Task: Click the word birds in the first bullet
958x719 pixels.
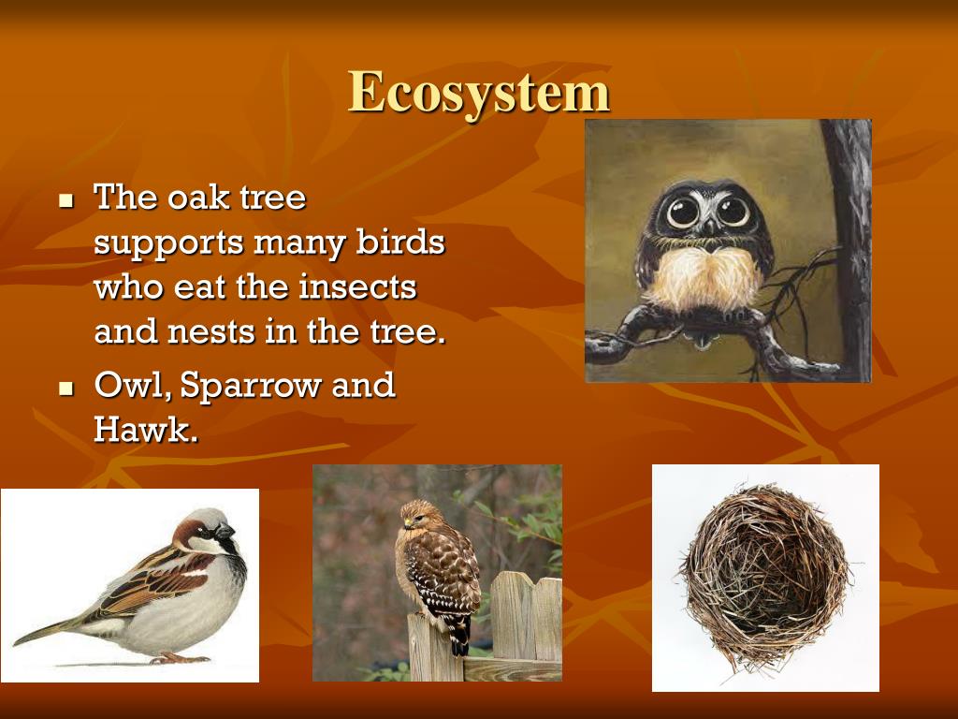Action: click(x=399, y=242)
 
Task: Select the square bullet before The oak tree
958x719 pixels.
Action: click(x=65, y=200)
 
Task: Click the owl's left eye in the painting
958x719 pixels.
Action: click(x=682, y=212)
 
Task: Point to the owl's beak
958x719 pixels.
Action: click(x=709, y=227)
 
